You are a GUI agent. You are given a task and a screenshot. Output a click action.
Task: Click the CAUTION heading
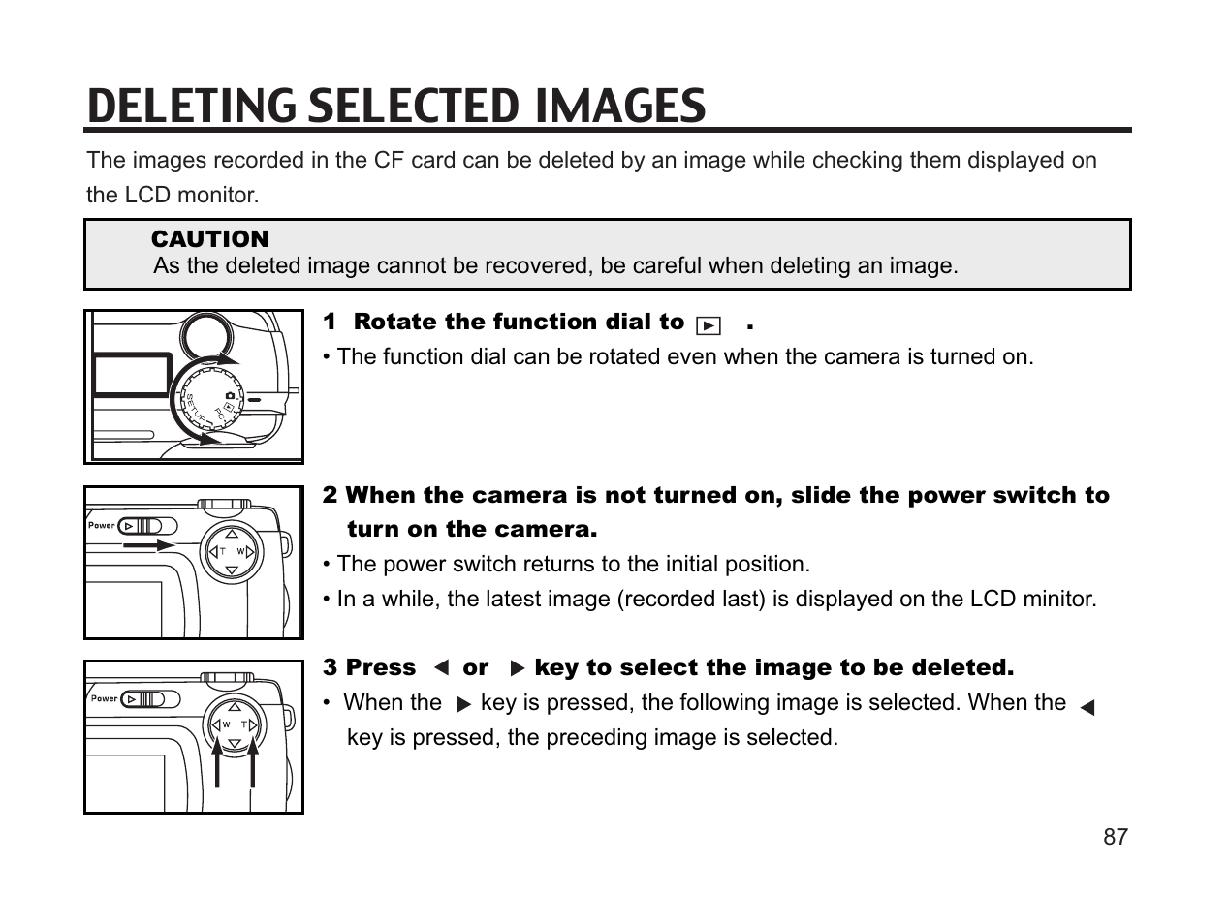(209, 239)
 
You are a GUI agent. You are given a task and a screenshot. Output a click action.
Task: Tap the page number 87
(1116, 837)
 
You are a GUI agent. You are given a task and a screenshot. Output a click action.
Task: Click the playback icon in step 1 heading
(709, 325)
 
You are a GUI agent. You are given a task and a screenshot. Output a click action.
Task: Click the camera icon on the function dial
(230, 395)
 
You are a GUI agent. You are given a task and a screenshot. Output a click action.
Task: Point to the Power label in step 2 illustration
(102, 526)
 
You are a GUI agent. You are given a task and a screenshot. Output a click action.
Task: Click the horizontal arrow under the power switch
(155, 545)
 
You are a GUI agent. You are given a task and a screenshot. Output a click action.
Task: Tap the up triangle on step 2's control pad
(232, 534)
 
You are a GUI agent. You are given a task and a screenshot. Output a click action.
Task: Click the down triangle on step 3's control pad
(233, 745)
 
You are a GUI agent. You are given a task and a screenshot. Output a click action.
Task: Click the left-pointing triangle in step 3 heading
(441, 668)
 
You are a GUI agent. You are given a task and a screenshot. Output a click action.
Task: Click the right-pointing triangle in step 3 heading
(517, 668)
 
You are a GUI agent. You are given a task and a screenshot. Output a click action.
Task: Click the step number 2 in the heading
(331, 496)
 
